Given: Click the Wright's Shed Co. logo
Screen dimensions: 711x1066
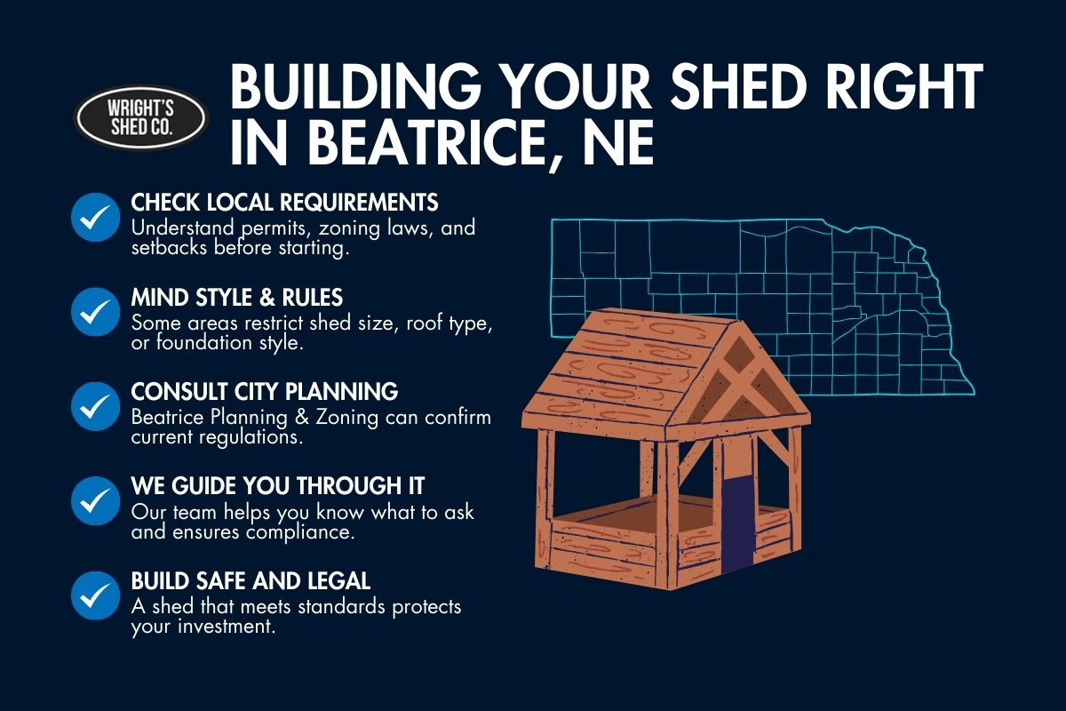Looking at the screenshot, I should click(x=140, y=116).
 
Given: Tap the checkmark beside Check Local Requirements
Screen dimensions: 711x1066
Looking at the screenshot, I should click(x=95, y=217).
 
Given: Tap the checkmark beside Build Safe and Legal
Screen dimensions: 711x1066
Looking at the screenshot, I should click(x=95, y=595).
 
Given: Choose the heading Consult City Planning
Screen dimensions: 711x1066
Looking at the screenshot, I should click(x=264, y=391).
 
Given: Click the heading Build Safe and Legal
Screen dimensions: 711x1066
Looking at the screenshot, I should click(x=251, y=580).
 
